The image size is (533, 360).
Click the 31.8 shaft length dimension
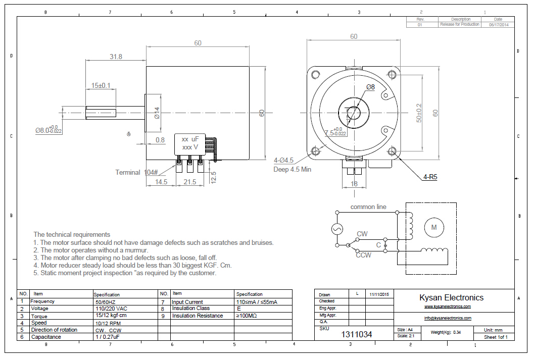point(116,57)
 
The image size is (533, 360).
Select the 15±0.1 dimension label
point(101,85)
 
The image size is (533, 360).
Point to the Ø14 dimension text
point(157,113)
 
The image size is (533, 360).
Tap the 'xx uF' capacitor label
point(190,139)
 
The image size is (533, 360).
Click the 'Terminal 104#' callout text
point(136,172)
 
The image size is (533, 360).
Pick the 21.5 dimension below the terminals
point(190,182)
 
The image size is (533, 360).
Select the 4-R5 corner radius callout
point(430,177)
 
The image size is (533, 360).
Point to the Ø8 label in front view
point(370,87)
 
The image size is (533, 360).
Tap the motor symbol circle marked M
point(433,228)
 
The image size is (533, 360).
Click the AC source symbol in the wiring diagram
point(337,229)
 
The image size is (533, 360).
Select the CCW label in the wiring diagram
point(363,255)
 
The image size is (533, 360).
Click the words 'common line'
point(368,207)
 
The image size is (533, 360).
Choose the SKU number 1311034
point(357,334)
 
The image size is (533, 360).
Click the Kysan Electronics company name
point(451,297)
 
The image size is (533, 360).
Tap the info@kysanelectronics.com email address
point(448,318)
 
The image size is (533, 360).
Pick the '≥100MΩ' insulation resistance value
point(247,316)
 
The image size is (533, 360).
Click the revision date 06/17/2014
point(498,24)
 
